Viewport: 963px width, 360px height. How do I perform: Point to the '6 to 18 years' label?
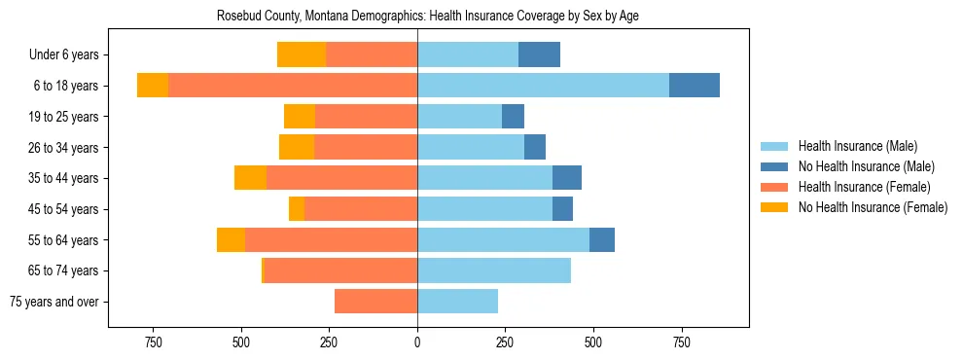[65, 86]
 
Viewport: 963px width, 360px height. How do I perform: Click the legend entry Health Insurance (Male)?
[857, 146]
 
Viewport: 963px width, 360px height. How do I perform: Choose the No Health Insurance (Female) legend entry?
[872, 207]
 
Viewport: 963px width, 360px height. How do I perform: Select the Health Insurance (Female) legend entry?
[864, 187]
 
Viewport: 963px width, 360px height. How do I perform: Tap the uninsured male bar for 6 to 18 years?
[695, 86]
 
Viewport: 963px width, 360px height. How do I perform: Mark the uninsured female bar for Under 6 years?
[302, 55]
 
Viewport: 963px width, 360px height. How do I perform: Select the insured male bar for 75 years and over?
[457, 302]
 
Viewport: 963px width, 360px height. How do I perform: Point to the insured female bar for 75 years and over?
[375, 302]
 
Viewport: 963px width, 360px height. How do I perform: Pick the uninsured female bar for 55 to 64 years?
[231, 240]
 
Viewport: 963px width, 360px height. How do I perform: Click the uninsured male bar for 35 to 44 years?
[567, 178]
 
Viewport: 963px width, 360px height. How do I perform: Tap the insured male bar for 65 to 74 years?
[494, 270]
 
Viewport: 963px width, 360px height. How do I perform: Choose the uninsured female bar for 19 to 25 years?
[300, 117]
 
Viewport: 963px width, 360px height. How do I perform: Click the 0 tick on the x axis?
[417, 342]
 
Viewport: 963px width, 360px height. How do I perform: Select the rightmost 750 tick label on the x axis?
[681, 342]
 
